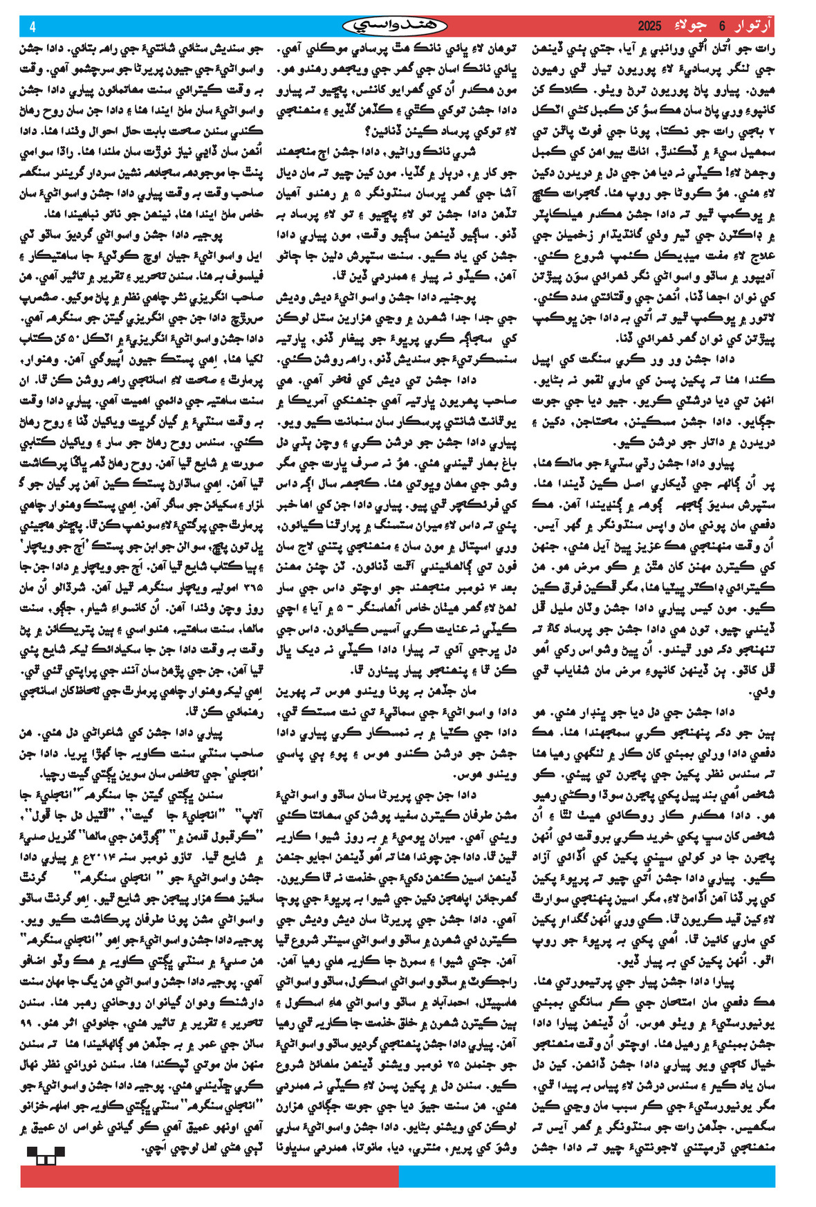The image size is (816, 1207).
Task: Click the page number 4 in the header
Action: (33, 27)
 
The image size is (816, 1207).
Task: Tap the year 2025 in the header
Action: (649, 27)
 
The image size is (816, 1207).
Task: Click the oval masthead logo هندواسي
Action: (395, 27)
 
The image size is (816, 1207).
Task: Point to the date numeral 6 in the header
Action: (722, 27)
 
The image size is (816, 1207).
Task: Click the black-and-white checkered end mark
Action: (46, 1155)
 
